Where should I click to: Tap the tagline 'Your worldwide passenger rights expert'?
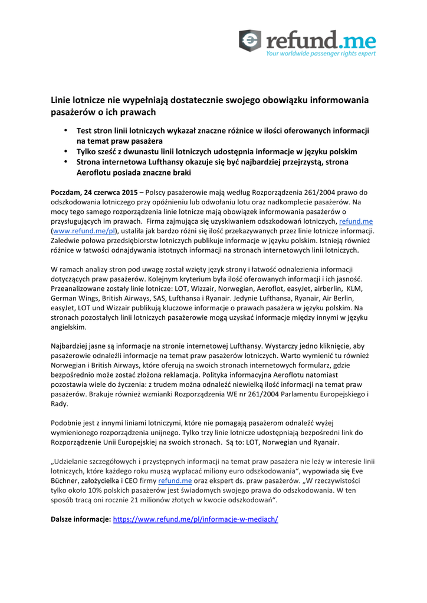pyautogui.click(x=320, y=54)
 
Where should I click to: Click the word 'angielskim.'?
pyautogui.click(x=68, y=327)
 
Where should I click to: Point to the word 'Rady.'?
pyautogui.click(x=60, y=404)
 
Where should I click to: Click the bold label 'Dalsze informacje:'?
pyautogui.click(x=80, y=519)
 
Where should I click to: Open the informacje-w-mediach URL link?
pyautogui.click(x=195, y=519)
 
